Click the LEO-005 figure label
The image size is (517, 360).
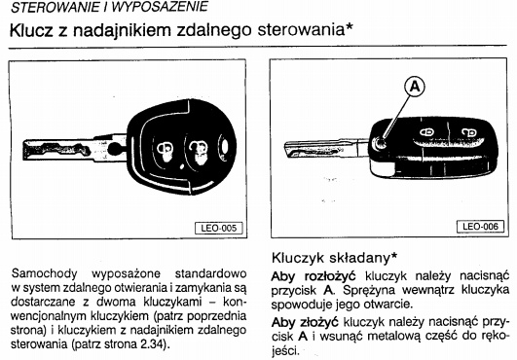(x=219, y=228)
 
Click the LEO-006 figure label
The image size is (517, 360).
(x=480, y=227)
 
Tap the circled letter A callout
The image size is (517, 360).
(x=415, y=87)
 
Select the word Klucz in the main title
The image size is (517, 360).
(x=31, y=30)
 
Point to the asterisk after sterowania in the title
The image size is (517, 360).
(x=350, y=26)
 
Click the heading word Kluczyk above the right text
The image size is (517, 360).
(x=298, y=258)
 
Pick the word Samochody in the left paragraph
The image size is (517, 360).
(x=44, y=273)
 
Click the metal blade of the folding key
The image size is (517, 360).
(x=326, y=150)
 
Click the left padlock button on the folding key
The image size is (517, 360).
(x=426, y=132)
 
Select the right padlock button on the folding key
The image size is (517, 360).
(x=468, y=133)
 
